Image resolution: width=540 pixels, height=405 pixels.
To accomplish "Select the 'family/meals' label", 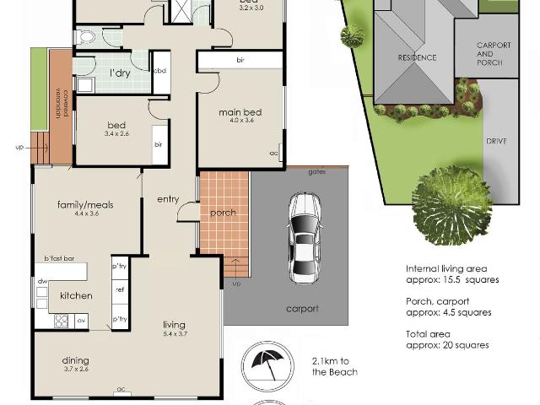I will tap(85, 204).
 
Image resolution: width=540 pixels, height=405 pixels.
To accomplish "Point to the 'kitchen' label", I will tap(75, 295).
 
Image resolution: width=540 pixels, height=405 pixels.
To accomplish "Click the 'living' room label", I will tap(174, 325).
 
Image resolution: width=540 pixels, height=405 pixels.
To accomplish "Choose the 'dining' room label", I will tap(75, 361).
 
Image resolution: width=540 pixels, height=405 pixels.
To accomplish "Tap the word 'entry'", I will tap(169, 199).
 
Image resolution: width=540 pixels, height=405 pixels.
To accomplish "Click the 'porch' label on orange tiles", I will tap(223, 213).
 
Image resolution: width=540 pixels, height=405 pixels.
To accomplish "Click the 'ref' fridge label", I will tap(119, 289).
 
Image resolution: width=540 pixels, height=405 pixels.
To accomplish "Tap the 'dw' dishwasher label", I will tap(40, 280).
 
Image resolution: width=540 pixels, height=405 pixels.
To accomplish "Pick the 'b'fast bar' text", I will tap(60, 258).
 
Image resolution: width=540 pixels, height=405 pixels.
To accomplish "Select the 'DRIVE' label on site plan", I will tap(496, 141).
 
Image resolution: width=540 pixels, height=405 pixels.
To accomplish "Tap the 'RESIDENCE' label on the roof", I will tap(417, 57).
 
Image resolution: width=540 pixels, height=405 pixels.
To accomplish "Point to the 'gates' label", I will tap(316, 171).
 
